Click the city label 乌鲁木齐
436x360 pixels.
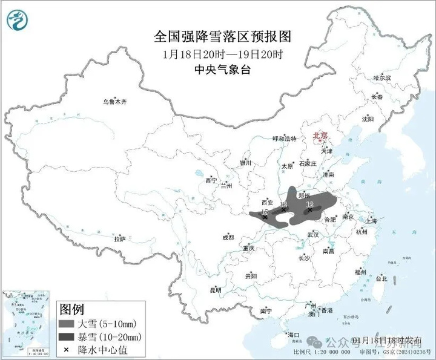point(115,102)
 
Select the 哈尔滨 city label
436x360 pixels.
point(382,78)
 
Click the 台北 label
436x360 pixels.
point(381,279)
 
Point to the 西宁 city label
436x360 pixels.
point(210,180)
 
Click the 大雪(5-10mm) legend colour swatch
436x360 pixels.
point(67,324)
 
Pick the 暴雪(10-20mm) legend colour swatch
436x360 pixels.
point(67,336)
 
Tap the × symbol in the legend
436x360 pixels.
point(65,349)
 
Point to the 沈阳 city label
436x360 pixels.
point(368,119)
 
